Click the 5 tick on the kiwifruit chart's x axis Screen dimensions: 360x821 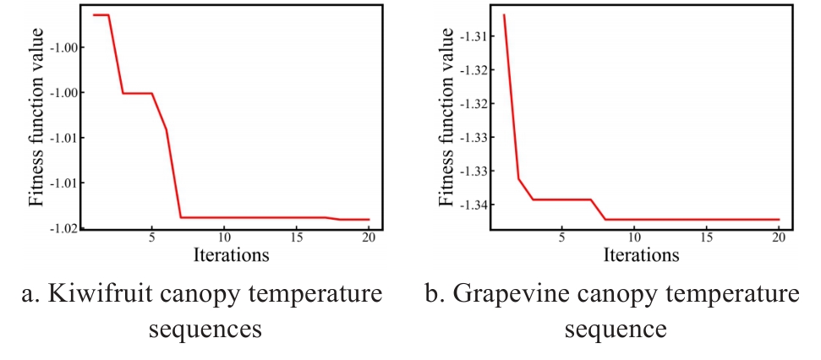152,238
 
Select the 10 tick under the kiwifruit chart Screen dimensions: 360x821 224,238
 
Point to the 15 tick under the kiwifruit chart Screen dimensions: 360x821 297,238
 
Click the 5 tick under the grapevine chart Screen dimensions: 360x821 561,238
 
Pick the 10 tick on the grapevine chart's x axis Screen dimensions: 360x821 634,238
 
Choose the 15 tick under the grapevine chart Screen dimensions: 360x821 706,238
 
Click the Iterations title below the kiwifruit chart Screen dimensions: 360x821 231,254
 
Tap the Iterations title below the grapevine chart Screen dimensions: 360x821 640,254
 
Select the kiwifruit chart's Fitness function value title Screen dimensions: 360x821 36,116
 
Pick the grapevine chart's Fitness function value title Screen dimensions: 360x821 445,116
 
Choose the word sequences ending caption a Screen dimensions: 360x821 205,328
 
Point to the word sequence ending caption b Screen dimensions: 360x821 616,328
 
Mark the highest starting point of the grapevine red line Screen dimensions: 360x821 504,15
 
